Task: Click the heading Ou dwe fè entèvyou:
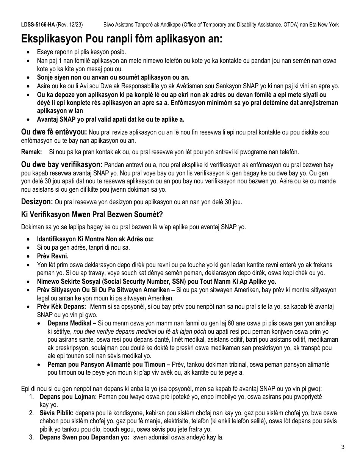[x=53, y=132]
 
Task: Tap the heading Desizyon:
[x=37, y=202]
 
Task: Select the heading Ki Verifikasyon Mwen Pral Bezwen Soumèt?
[x=92, y=215]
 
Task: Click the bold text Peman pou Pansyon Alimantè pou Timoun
[x=106, y=364]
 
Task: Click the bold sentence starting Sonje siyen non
[x=113, y=77]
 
